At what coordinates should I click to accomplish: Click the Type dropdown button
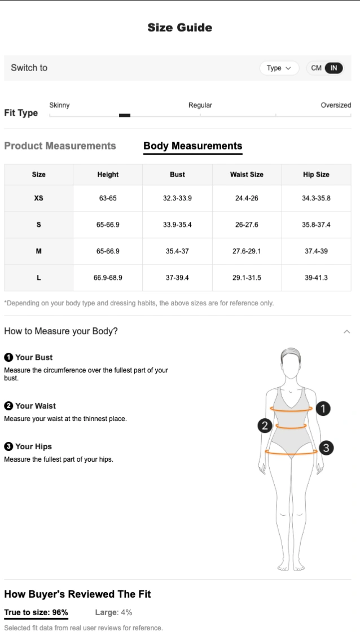tap(279, 68)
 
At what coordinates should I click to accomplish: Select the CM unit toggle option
tap(316, 68)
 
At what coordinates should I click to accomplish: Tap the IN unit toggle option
tap(333, 68)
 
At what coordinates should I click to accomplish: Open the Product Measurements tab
tap(60, 146)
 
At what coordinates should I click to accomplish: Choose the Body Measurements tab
tap(192, 146)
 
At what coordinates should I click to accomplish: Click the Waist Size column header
tap(247, 174)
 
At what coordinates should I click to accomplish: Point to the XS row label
tap(39, 198)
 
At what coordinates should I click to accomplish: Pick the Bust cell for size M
tap(177, 251)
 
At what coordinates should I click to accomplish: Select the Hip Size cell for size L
tap(316, 278)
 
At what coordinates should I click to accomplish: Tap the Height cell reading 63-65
tap(108, 198)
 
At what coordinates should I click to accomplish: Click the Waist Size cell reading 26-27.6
tap(247, 225)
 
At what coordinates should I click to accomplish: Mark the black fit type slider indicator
tap(125, 116)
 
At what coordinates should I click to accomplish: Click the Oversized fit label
tap(336, 105)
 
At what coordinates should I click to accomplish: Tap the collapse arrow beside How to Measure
tap(346, 331)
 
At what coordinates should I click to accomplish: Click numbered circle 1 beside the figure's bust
tap(323, 409)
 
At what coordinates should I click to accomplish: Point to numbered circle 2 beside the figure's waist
tap(265, 426)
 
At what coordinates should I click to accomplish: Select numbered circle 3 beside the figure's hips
tap(326, 448)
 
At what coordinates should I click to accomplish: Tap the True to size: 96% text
tap(36, 612)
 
